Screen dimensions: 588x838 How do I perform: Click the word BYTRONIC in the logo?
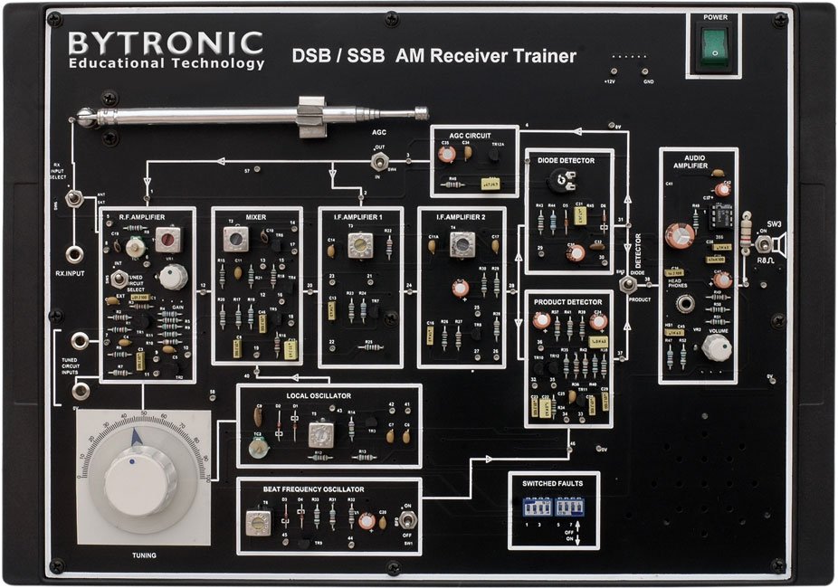click(x=166, y=42)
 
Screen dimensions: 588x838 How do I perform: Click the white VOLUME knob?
click(x=715, y=349)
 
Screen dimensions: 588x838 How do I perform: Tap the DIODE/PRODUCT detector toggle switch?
click(x=625, y=285)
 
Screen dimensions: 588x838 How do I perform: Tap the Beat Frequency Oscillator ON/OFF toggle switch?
click(x=408, y=519)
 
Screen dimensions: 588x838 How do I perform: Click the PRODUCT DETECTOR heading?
click(x=568, y=302)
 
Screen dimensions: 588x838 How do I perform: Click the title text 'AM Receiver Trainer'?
click(x=486, y=56)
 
